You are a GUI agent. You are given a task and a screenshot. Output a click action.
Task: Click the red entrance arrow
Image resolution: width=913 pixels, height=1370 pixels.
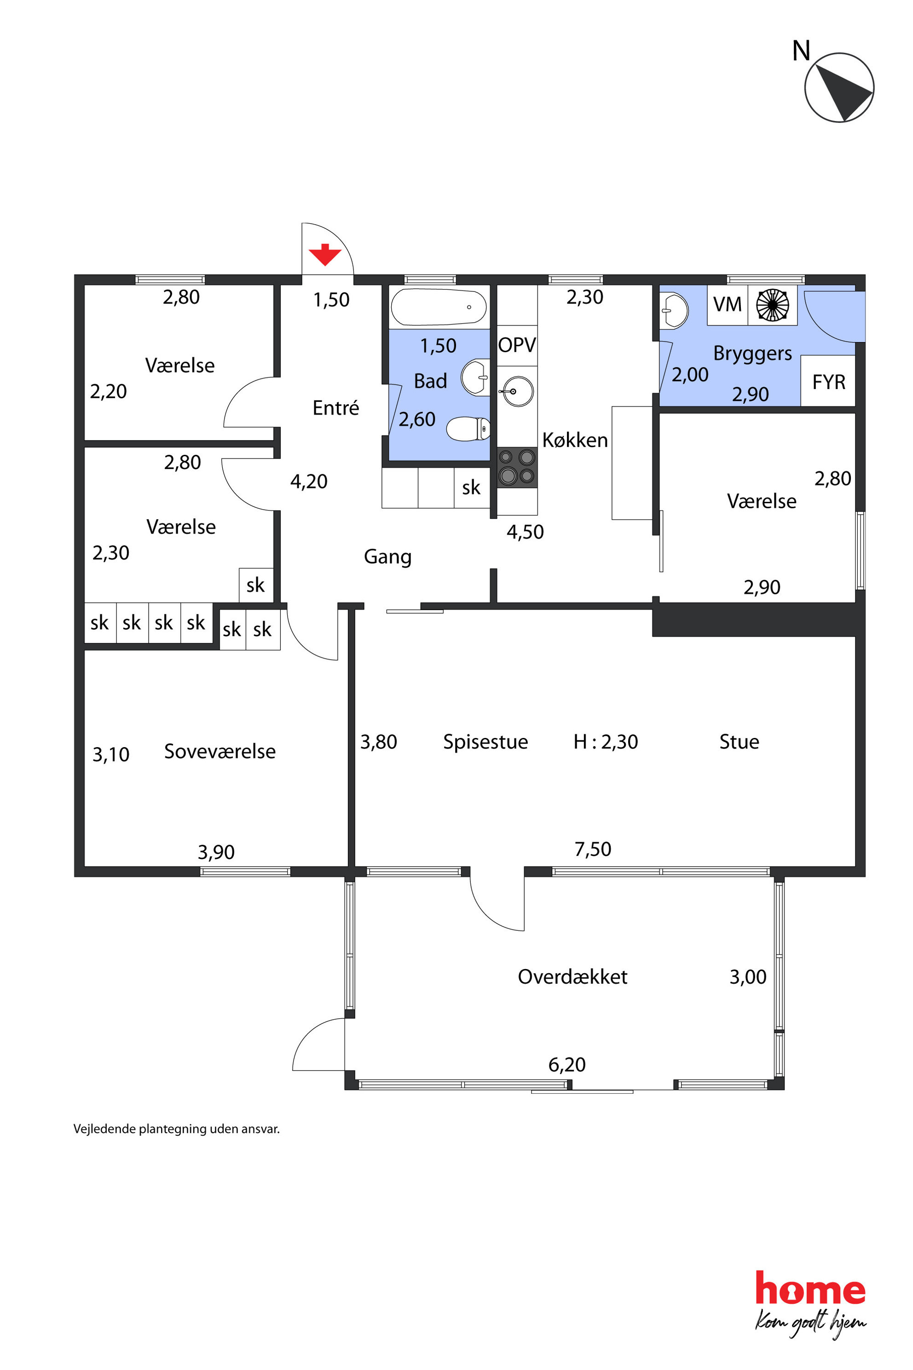(x=325, y=255)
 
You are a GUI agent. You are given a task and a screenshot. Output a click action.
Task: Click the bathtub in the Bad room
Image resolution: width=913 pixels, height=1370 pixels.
(x=439, y=307)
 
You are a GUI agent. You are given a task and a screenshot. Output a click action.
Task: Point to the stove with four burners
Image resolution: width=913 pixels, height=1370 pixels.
(x=517, y=467)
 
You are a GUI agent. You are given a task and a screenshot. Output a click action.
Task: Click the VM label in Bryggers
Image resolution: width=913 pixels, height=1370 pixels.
(x=727, y=304)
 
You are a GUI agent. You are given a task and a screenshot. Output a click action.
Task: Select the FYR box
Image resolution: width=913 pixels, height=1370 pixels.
(x=828, y=381)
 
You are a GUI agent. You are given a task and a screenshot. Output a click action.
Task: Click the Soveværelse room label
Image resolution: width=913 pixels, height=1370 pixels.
(x=220, y=751)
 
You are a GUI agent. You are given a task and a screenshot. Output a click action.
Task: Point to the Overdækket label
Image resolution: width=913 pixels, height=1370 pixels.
(x=572, y=976)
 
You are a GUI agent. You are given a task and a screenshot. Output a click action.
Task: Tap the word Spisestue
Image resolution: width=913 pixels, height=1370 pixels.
(x=485, y=742)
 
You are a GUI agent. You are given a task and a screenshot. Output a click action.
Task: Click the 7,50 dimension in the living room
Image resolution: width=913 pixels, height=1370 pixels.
(x=593, y=849)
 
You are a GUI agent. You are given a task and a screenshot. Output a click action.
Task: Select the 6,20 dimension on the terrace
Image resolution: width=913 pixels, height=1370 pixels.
(x=566, y=1065)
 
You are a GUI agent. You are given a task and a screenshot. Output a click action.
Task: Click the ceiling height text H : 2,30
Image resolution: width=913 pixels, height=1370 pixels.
(x=606, y=742)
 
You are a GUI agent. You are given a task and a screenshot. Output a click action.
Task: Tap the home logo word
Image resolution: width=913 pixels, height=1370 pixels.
(x=810, y=1289)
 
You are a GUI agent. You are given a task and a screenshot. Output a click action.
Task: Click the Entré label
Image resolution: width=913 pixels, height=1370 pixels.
(x=335, y=407)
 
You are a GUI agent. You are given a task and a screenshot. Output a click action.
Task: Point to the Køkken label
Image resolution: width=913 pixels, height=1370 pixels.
(x=575, y=440)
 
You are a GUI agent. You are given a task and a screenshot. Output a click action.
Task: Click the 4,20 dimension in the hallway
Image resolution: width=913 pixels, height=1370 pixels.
(x=309, y=481)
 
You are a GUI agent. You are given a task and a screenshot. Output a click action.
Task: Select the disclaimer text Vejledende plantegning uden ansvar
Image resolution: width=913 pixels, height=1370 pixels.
(x=176, y=1129)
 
